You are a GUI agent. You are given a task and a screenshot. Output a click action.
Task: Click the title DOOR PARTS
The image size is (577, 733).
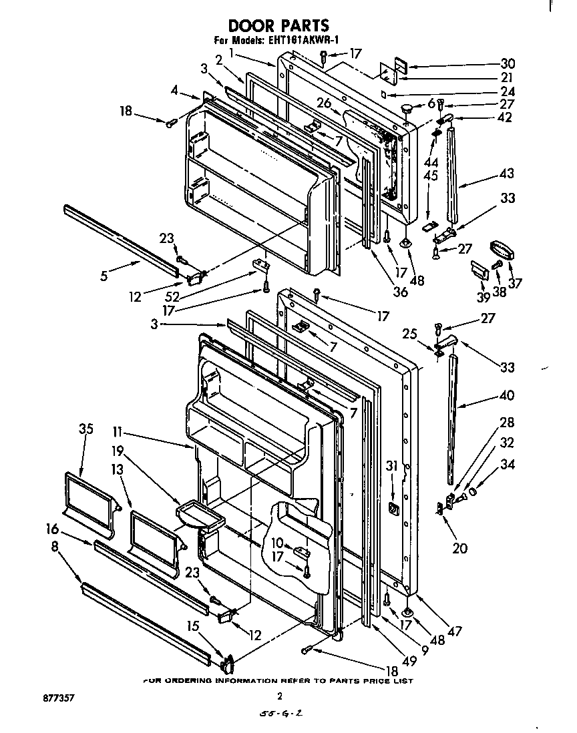coord(278,25)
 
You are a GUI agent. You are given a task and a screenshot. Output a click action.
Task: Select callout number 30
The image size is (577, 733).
coord(508,64)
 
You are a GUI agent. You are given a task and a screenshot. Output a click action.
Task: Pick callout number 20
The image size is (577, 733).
coord(459,549)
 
